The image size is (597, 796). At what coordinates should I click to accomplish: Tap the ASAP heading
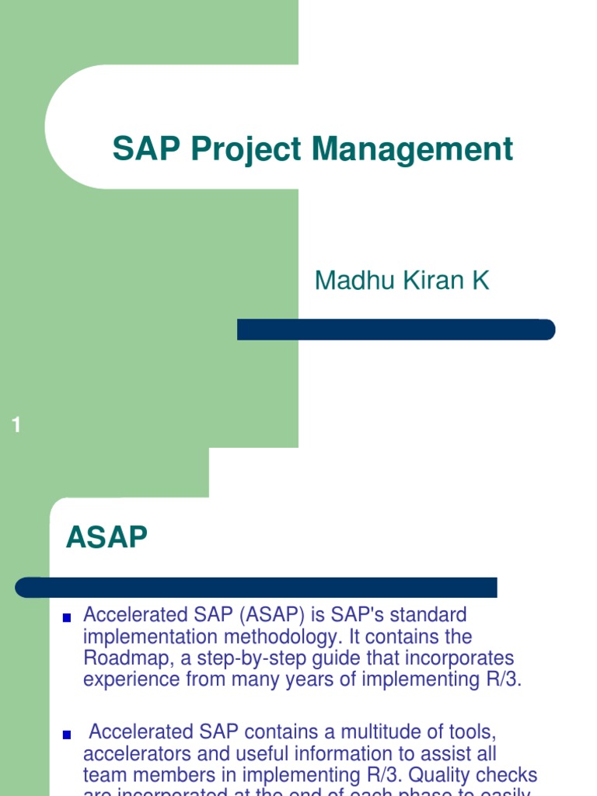(106, 537)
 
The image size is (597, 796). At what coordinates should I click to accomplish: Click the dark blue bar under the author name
(396, 330)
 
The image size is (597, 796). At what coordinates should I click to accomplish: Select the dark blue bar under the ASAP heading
(257, 587)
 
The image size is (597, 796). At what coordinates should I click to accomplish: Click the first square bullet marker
(67, 617)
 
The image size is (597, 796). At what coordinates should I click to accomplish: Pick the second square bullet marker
(67, 734)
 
